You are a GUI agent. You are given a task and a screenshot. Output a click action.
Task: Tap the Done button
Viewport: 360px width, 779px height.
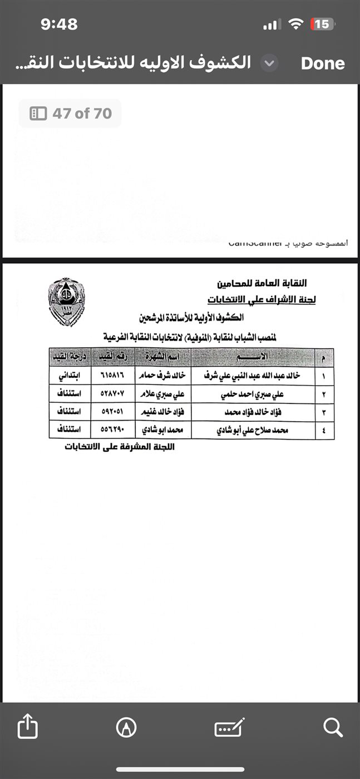(x=323, y=63)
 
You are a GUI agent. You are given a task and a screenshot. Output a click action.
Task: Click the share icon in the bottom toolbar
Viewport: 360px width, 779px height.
(x=28, y=727)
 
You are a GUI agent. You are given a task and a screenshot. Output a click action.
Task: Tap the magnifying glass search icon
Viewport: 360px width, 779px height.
(x=333, y=727)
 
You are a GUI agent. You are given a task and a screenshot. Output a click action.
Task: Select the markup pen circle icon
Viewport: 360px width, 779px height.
(x=127, y=727)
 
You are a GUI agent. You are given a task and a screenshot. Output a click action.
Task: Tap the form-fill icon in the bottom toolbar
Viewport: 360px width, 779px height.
(x=229, y=727)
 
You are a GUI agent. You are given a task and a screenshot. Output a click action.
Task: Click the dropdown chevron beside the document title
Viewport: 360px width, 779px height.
(x=269, y=63)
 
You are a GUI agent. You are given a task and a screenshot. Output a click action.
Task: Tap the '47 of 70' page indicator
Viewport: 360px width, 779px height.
(x=70, y=114)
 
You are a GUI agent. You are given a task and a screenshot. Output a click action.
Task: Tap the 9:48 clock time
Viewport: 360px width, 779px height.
(x=59, y=24)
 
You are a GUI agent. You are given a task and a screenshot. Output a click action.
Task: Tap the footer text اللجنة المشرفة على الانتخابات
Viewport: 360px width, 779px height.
(x=119, y=446)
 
